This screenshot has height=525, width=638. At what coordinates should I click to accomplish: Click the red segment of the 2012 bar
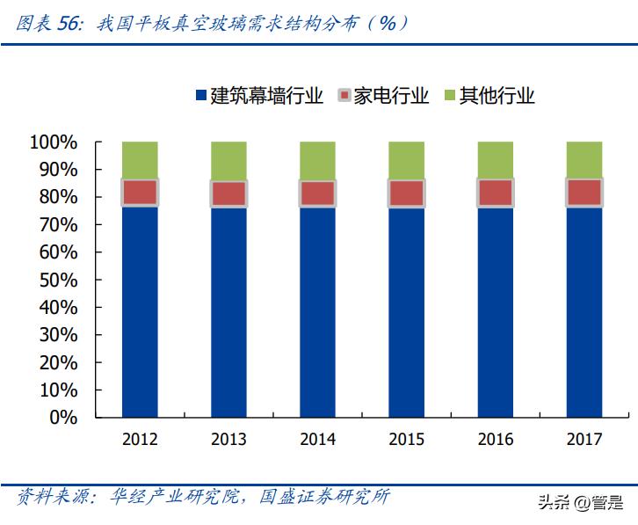pyautogui.click(x=140, y=192)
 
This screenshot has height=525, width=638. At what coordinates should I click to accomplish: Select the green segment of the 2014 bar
pyautogui.click(x=317, y=160)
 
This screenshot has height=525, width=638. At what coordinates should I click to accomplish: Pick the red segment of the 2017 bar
pyautogui.click(x=584, y=192)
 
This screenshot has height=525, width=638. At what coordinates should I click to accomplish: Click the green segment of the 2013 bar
pyautogui.click(x=228, y=160)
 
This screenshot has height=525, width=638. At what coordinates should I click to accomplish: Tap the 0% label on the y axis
pyautogui.click(x=63, y=418)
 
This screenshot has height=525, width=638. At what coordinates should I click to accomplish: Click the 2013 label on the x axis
pyautogui.click(x=228, y=439)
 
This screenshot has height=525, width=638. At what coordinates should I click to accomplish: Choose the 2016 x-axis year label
pyautogui.click(x=495, y=439)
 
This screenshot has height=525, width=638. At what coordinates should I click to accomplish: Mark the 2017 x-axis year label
pyautogui.click(x=584, y=439)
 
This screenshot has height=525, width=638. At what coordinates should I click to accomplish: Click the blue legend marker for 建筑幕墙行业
pyautogui.click(x=199, y=96)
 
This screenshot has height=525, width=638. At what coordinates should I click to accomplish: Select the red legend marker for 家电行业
pyautogui.click(x=344, y=96)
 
